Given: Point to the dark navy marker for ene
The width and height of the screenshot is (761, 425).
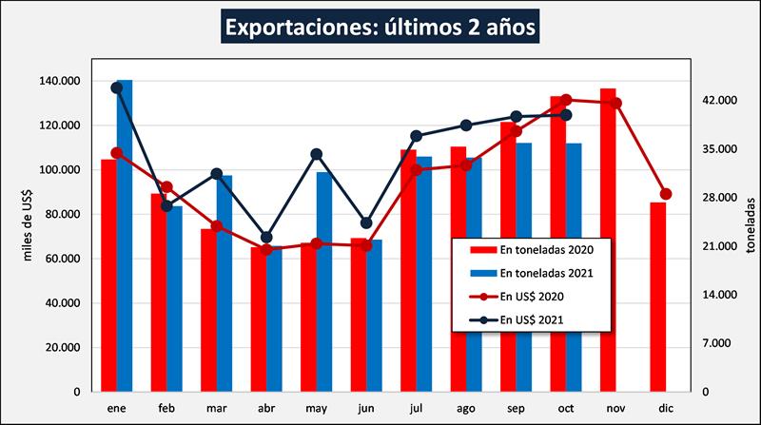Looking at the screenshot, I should (117, 87).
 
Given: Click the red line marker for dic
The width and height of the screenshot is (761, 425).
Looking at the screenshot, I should (666, 194).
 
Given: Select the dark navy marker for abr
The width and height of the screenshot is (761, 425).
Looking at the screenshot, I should (266, 238).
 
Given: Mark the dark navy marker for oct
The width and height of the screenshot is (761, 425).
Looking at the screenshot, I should (566, 115).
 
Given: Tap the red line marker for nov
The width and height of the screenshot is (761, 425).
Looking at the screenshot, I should (616, 103).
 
